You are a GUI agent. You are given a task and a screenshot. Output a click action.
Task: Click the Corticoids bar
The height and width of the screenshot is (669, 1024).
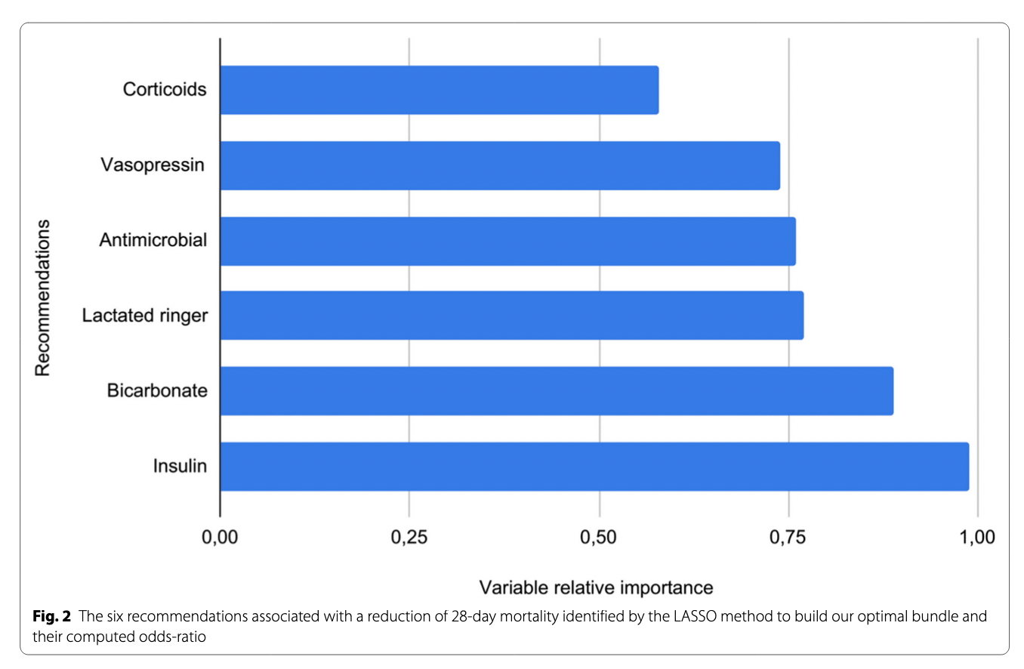(x=439, y=90)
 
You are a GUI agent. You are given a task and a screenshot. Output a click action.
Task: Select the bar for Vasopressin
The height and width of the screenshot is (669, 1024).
(x=499, y=165)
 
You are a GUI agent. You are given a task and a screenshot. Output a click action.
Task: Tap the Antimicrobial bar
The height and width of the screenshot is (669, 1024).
(x=507, y=241)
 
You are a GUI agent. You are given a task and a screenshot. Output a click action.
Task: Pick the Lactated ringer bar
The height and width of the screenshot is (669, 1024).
(x=511, y=316)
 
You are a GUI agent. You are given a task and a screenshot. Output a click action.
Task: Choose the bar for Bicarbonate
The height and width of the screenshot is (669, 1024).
(x=557, y=391)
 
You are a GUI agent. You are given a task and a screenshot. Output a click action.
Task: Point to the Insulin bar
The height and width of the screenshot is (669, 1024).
(x=594, y=467)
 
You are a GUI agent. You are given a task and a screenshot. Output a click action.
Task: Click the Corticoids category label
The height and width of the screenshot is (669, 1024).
(x=165, y=90)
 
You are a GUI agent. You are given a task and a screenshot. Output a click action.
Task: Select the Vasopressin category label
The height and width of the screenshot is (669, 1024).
(x=153, y=165)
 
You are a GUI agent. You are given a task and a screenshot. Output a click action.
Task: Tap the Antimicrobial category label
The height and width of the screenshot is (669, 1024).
(x=153, y=240)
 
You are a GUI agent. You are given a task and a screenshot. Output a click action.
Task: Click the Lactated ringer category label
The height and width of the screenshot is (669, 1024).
(x=145, y=316)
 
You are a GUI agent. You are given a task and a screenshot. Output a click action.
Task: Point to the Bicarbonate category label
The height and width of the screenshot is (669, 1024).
(x=157, y=391)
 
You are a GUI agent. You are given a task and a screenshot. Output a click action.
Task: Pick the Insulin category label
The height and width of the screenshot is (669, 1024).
(x=180, y=467)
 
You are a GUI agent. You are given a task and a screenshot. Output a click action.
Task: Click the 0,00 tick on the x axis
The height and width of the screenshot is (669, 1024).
(x=220, y=538)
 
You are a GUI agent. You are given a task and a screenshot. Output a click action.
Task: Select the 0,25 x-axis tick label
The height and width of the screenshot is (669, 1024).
(x=409, y=538)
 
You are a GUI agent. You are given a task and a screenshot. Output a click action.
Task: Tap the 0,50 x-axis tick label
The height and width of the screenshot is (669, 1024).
(x=599, y=538)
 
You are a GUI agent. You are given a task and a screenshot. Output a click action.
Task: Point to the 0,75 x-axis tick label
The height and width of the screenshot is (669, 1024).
(x=788, y=538)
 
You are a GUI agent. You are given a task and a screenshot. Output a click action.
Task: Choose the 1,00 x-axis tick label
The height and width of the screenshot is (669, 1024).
(x=978, y=538)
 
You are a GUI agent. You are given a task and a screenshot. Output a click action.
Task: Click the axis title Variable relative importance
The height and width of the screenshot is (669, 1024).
(x=597, y=587)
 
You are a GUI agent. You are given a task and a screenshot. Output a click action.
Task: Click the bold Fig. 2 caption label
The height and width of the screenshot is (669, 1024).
(x=51, y=616)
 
